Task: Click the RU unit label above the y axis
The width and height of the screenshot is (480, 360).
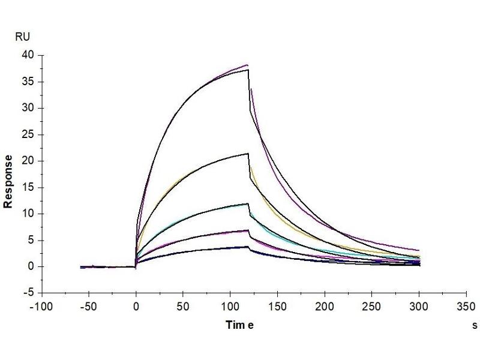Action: coord(22,37)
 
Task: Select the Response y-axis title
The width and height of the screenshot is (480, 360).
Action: coord(9,181)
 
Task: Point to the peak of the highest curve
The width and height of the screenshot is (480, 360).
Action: coord(247,65)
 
